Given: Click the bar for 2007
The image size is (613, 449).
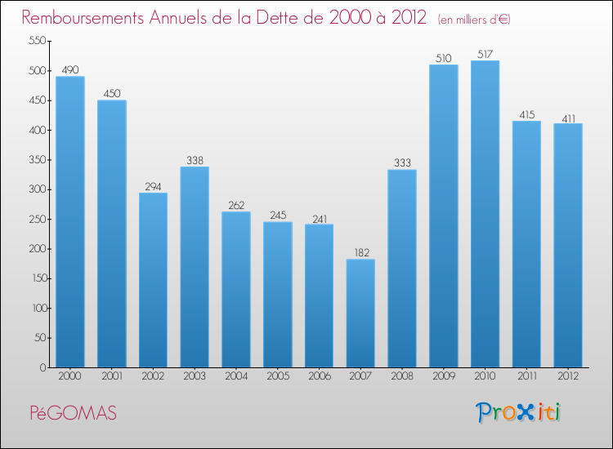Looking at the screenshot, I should (x=360, y=313).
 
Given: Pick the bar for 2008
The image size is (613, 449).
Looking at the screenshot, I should (x=402, y=269).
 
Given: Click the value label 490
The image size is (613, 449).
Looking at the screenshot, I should (x=69, y=70).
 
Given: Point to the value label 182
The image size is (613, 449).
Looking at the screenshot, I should (x=360, y=253).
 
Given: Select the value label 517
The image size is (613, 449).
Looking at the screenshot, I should (x=485, y=55).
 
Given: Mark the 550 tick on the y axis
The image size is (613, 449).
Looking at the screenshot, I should (x=35, y=41).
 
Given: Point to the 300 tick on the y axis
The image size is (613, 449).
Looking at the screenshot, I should (x=35, y=189).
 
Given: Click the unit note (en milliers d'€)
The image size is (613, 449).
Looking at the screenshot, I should (x=474, y=19).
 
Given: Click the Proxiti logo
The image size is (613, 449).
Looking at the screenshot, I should (x=518, y=412).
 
